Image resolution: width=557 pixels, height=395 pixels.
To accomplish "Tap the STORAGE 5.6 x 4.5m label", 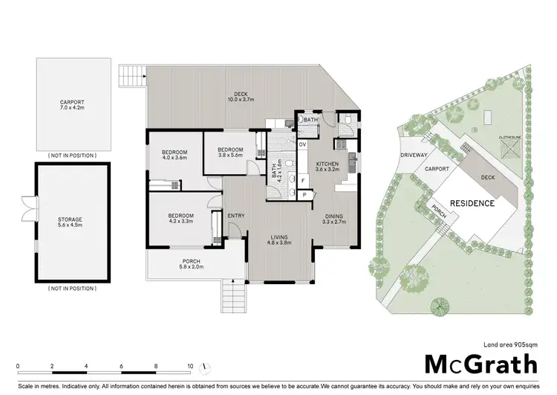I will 71,223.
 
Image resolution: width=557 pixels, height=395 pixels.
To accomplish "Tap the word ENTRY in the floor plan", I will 236,216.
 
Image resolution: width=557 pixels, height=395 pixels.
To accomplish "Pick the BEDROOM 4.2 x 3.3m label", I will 181,218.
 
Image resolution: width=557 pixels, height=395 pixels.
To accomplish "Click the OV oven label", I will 302,144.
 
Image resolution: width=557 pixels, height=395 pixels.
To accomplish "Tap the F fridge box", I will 303,179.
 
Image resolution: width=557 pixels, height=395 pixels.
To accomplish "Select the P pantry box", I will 304,194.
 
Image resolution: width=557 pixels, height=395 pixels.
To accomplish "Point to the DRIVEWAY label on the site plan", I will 414,155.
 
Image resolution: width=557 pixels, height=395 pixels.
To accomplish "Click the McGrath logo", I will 481,364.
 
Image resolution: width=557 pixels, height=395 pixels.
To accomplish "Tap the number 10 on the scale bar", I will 190,366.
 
